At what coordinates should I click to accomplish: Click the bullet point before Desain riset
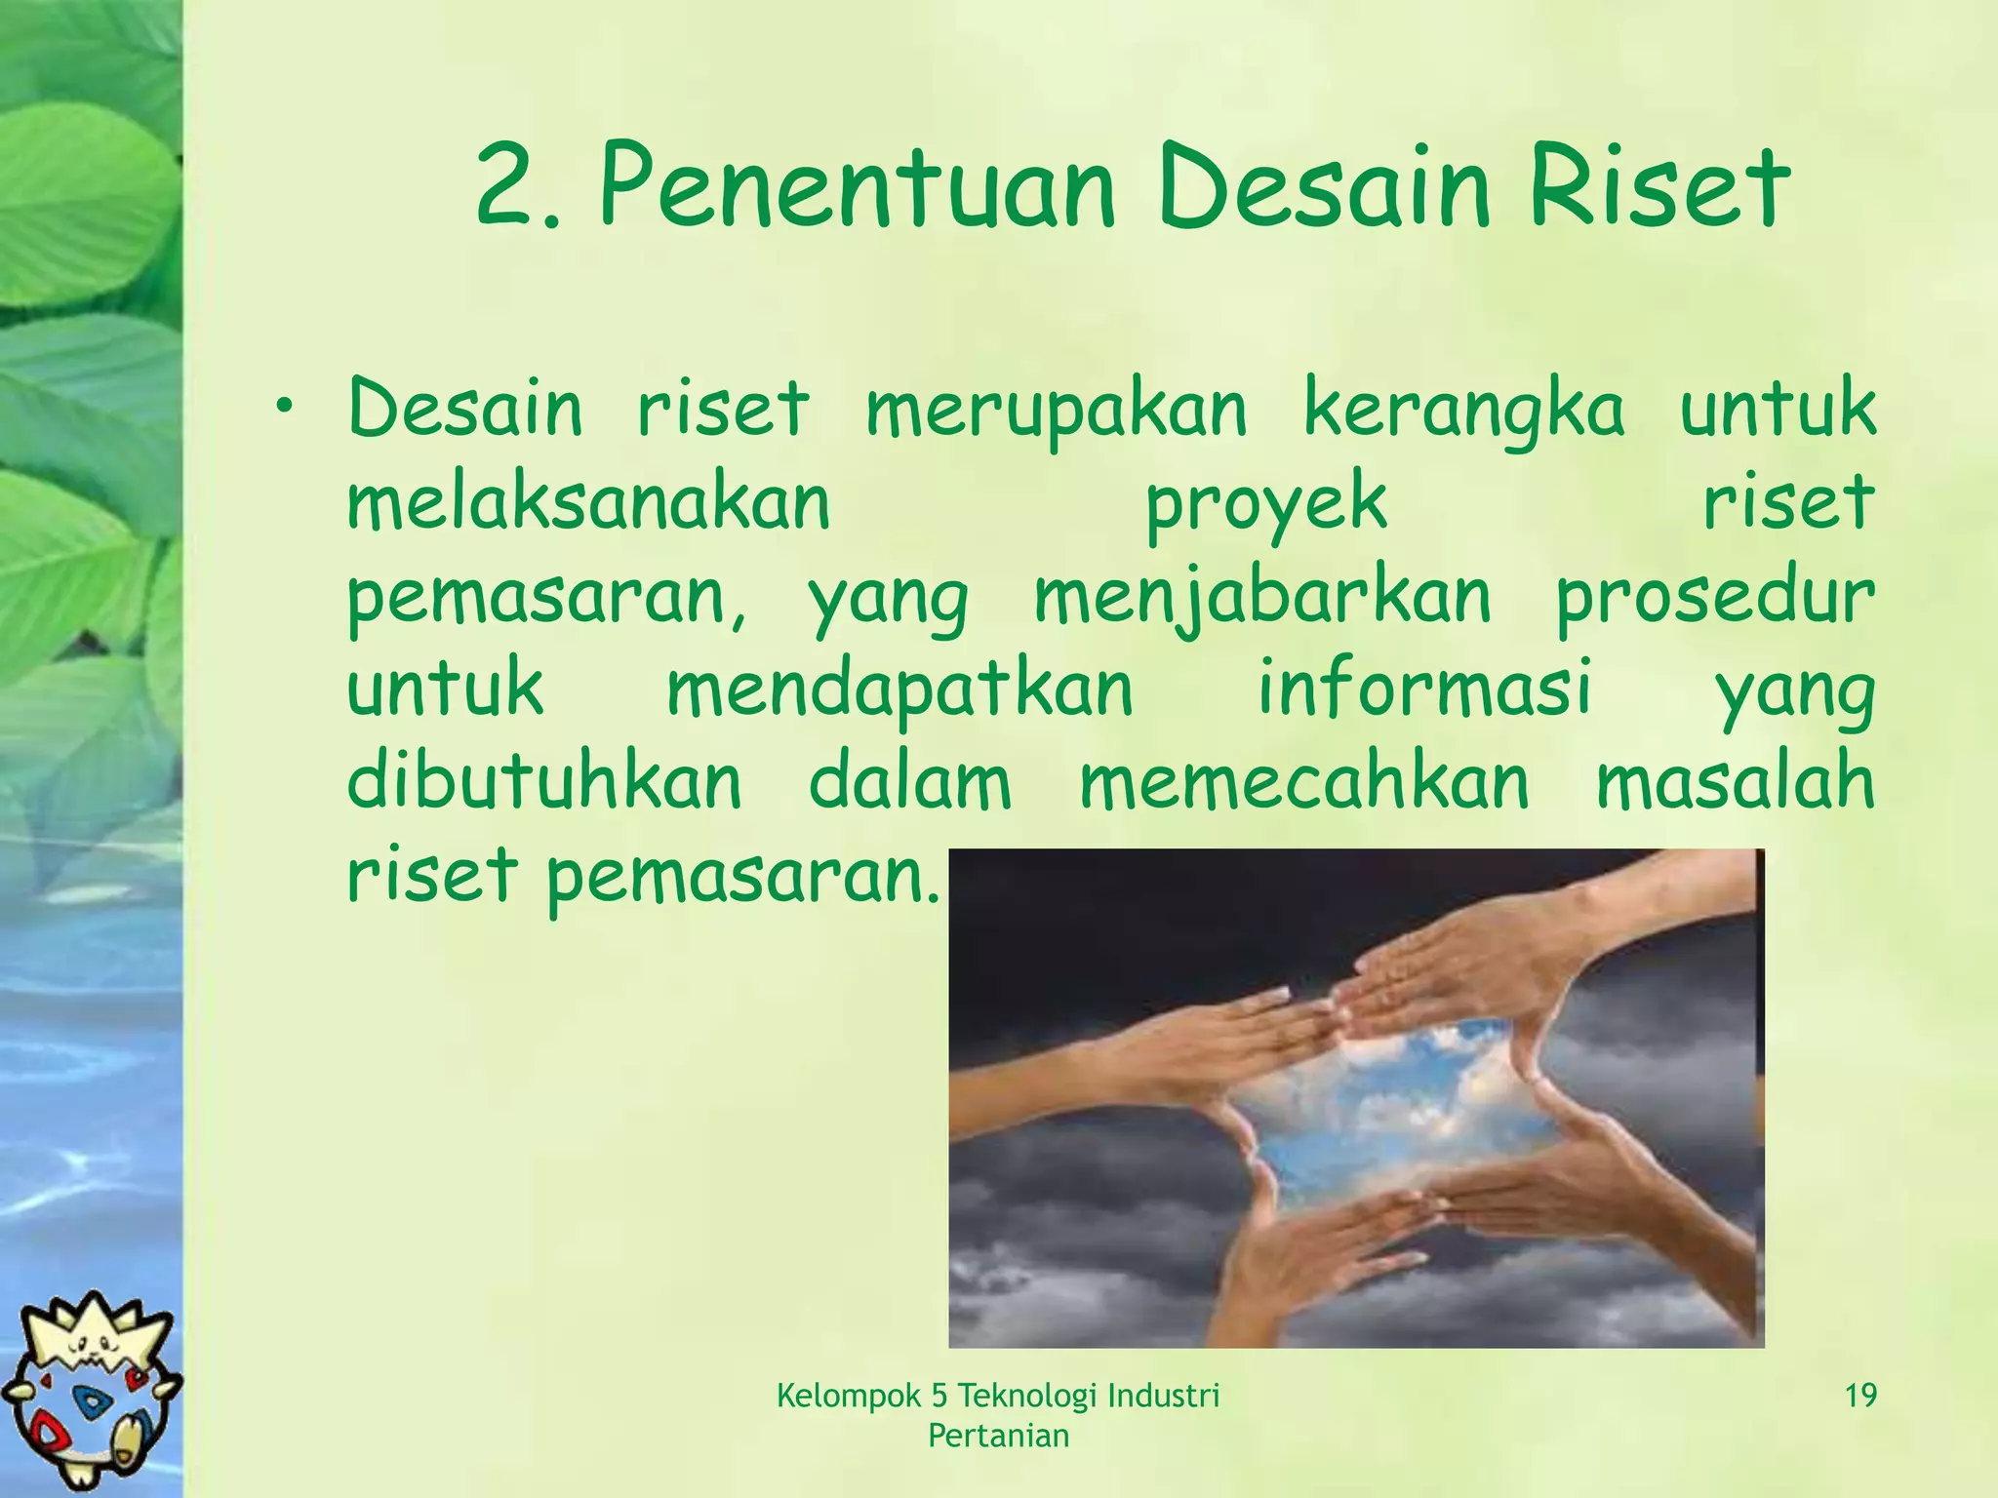click(x=284, y=406)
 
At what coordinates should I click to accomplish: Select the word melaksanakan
click(x=588, y=502)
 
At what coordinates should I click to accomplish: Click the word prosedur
click(x=1714, y=598)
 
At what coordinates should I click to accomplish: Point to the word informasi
click(x=1424, y=687)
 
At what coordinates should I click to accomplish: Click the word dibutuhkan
click(x=544, y=780)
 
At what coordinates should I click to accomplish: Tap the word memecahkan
click(x=1304, y=782)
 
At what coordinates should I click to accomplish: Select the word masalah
click(x=1735, y=780)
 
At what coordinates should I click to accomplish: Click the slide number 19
click(x=1860, y=1396)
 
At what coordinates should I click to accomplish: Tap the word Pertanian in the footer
click(x=998, y=1436)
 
